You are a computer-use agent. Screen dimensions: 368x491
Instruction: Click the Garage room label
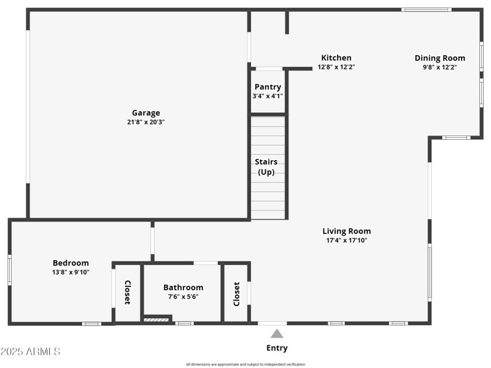tap(146, 113)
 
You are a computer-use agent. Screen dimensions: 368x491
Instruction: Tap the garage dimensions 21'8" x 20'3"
tap(146, 122)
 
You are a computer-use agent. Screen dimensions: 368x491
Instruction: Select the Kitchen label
tap(336, 58)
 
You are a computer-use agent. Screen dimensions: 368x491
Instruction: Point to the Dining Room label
tap(439, 58)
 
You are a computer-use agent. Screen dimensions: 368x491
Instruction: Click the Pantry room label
tap(268, 87)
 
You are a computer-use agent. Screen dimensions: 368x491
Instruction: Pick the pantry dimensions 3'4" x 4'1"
tap(268, 96)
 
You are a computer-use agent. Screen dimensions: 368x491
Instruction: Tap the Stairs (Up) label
tap(266, 167)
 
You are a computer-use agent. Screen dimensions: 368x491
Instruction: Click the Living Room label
tap(347, 231)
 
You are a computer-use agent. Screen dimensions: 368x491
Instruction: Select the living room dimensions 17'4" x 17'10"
tap(347, 240)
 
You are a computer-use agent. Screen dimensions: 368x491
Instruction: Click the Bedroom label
tap(71, 263)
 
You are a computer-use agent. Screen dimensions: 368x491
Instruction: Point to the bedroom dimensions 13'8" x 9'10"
tap(71, 272)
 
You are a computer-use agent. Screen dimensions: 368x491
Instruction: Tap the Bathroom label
tap(183, 287)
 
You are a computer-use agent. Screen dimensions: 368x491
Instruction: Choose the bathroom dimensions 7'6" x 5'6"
tap(183, 296)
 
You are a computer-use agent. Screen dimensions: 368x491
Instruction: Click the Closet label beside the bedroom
tap(128, 293)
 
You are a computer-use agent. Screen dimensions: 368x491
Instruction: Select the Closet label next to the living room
tap(237, 294)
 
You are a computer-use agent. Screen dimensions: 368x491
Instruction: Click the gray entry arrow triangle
tap(277, 334)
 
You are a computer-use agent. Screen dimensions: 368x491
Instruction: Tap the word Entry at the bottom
tap(277, 348)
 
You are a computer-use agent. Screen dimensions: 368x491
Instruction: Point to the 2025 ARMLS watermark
tap(30, 351)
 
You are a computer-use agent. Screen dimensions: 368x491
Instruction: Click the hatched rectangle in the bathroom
tap(156, 319)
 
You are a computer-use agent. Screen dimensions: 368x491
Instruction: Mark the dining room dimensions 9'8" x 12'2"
tap(439, 67)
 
